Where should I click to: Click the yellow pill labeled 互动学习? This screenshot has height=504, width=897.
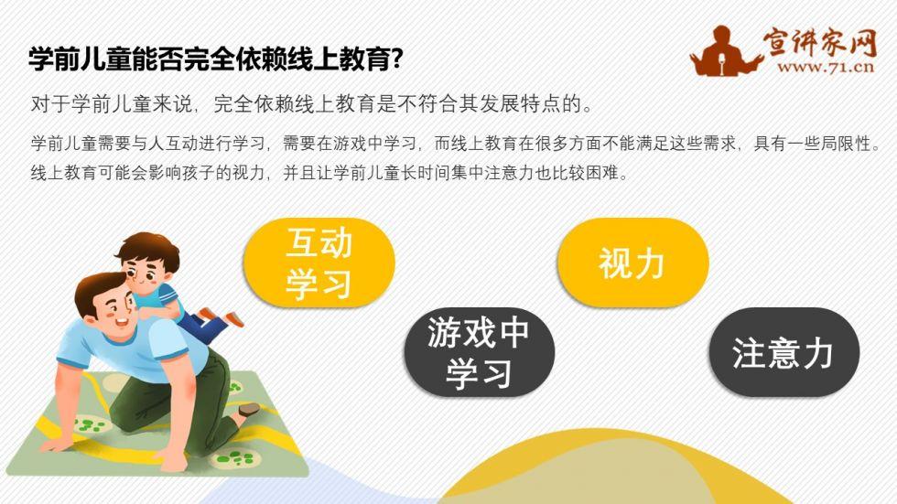point(319,263)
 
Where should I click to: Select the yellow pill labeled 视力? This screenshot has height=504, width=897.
point(632,263)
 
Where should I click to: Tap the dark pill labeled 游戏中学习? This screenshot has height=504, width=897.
point(480,352)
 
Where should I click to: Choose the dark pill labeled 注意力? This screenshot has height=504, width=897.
point(784,352)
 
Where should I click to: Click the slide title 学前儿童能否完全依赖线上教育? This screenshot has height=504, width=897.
point(216,59)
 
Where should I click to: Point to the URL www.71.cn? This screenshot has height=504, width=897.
point(826,67)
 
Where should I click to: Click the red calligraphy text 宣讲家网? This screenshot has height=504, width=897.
point(819,42)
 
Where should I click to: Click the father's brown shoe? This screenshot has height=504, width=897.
point(249,409)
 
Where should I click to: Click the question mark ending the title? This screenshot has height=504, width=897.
point(396,59)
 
